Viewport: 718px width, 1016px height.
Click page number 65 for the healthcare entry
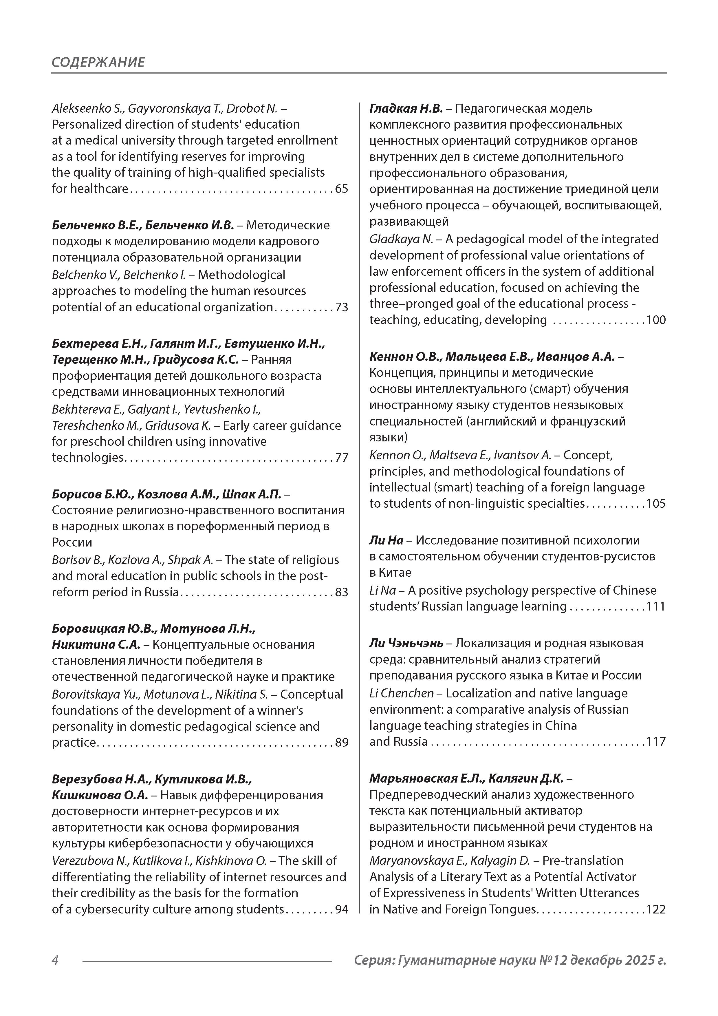pos(342,189)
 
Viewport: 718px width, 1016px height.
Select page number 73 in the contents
pos(342,307)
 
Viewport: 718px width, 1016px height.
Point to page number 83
pos(342,592)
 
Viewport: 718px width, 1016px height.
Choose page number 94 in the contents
pos(342,909)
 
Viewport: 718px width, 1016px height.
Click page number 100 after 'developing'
pos(656,320)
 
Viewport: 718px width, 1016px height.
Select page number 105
pos(656,504)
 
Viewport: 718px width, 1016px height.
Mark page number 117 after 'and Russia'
pos(656,742)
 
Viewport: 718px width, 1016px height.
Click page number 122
pos(656,909)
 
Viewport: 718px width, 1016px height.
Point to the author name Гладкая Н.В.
pos(406,108)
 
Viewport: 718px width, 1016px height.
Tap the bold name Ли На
pos(386,540)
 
